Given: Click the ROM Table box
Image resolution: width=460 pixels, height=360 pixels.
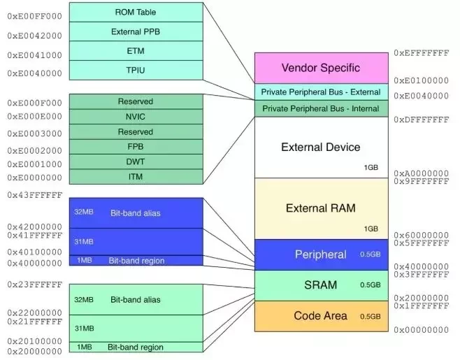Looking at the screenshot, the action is point(136,12).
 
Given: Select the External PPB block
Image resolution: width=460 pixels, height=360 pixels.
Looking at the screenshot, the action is point(136,31).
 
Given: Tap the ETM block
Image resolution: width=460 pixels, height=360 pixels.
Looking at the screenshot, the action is point(136,51).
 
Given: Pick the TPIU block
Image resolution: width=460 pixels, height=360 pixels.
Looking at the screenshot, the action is point(136,70).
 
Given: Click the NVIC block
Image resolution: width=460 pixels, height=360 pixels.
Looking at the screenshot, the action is point(136,117).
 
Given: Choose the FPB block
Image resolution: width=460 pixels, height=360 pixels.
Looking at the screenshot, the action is point(136,147).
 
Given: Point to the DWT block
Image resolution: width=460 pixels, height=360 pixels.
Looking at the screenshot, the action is point(136,161).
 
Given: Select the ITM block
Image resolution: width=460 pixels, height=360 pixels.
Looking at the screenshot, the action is point(136,177).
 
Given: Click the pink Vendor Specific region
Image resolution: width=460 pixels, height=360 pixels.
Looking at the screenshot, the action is point(322,68).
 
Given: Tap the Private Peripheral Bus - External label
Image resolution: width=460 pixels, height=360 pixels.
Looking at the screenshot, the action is point(321,92).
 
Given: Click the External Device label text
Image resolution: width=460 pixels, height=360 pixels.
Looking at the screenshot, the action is point(321,147).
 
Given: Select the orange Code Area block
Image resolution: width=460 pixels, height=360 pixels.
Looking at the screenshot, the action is point(322,316).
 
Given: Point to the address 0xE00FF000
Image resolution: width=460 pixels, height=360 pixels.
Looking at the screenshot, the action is point(35,16).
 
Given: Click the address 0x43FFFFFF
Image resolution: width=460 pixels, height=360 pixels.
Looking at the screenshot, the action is point(35,195).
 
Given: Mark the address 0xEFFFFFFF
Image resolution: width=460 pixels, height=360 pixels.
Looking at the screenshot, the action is point(422,53).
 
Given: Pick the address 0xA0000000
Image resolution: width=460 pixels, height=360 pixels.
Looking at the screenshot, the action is point(422,173).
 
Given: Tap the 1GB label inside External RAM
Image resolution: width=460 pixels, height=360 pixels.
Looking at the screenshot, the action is point(371,229).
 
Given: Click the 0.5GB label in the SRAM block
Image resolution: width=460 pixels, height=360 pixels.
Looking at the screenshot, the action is point(371,285).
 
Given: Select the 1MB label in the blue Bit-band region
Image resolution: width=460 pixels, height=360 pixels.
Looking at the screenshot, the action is point(85,260).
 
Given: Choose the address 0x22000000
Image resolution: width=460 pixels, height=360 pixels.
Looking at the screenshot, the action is point(35,312).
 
